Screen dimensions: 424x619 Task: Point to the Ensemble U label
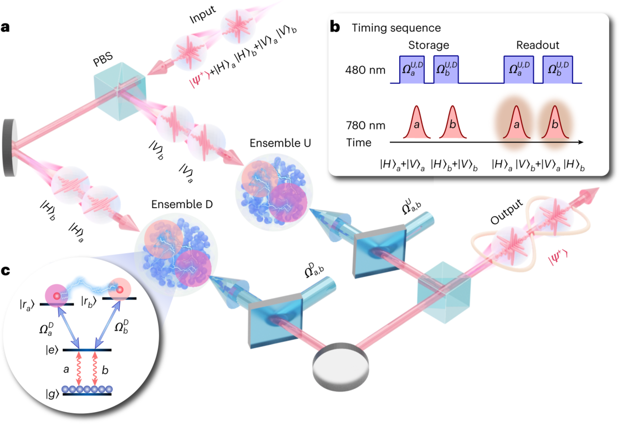coord(278,142)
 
